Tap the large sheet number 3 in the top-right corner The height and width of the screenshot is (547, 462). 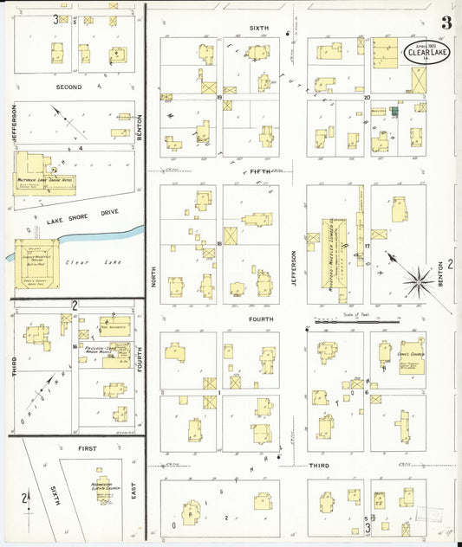446,23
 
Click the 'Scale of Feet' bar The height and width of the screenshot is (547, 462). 357,321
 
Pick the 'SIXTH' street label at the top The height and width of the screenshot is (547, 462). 259,29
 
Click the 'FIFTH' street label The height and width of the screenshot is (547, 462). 261,172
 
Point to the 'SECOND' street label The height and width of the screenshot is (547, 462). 69,87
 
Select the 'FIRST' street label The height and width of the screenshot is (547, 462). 87,448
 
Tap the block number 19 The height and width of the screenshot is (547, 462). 220,99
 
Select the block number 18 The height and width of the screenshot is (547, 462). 220,244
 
